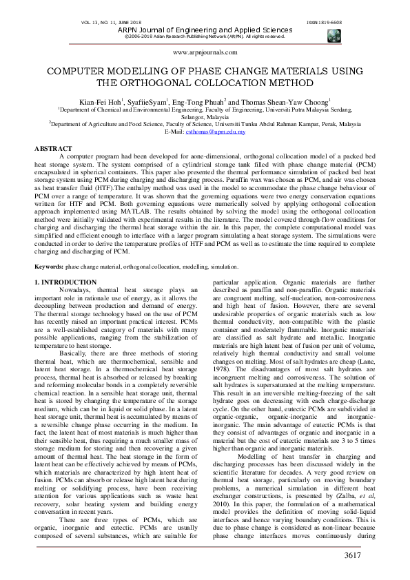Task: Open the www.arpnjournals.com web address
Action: point(205,52)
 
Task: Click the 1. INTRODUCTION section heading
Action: point(65,264)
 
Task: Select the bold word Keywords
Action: point(49,247)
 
